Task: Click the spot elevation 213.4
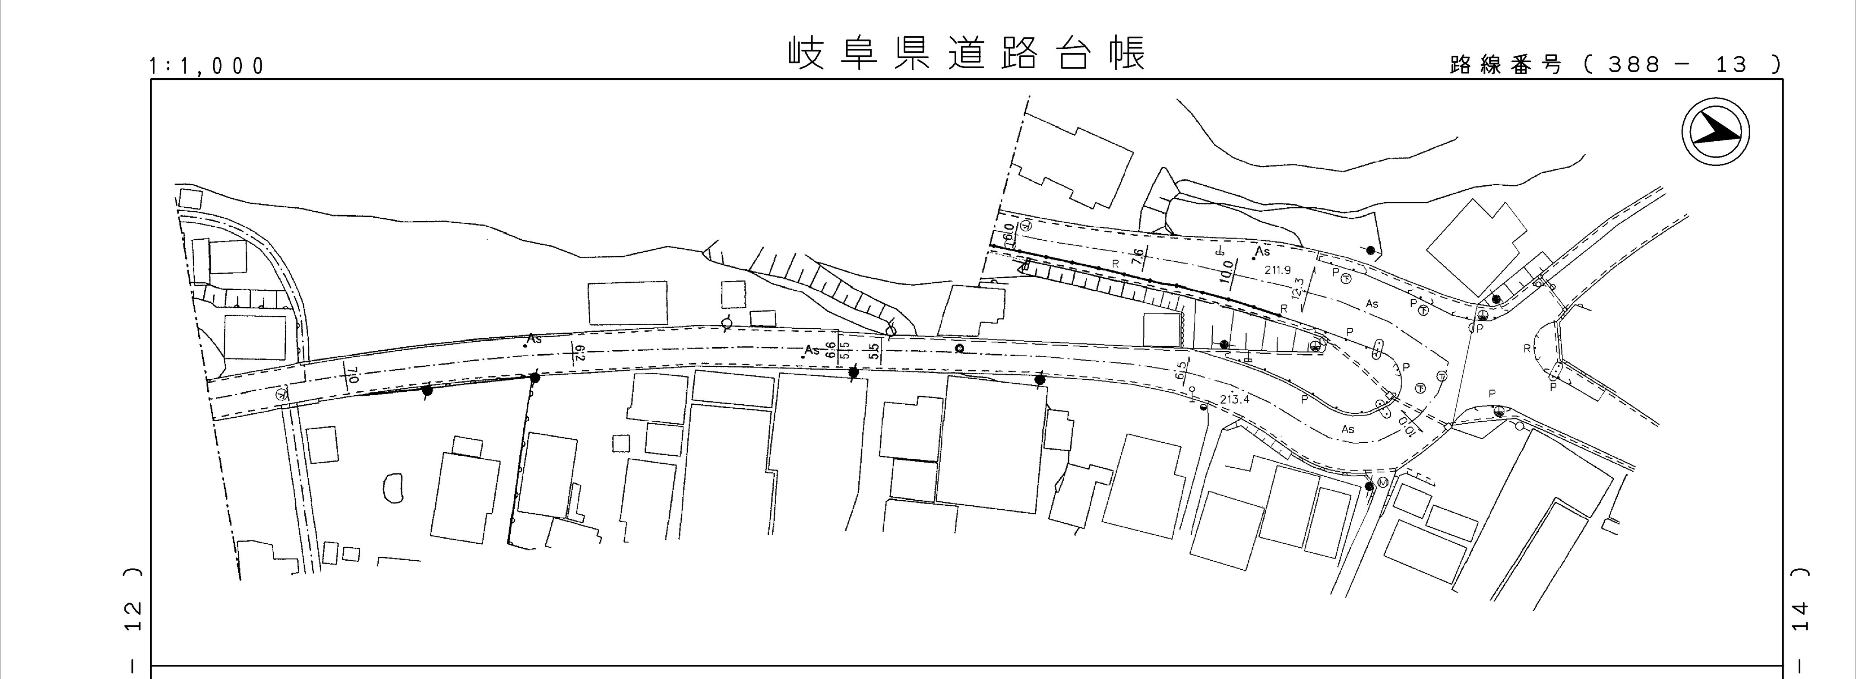pos(1234,399)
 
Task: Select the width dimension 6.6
pos(830,349)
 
